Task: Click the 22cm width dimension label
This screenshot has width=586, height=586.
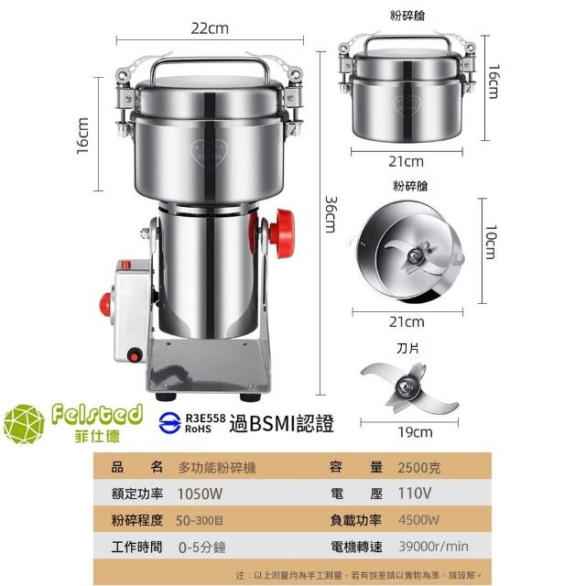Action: point(210,28)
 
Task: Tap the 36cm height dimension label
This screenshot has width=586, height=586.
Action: point(331,214)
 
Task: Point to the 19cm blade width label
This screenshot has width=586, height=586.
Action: point(415,432)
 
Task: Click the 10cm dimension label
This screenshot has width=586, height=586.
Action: point(491,242)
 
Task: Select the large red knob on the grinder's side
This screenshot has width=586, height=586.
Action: point(282,233)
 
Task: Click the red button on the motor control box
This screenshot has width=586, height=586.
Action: point(105,304)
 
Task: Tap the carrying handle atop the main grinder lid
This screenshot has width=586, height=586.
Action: point(210,66)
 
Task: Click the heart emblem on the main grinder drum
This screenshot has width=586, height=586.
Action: point(209,153)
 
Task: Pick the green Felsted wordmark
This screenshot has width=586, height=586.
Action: point(97,415)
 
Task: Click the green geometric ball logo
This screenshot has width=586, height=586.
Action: point(24,424)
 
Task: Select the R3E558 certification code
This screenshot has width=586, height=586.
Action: point(205,418)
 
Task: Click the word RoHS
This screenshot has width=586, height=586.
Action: point(198,429)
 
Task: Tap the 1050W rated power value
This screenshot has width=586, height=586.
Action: point(200,494)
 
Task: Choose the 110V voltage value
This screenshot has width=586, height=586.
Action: point(414,494)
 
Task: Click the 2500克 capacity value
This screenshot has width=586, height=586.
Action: point(419,468)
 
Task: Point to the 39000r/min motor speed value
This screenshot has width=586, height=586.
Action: point(433,547)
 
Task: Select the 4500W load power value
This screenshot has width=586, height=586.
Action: point(418,520)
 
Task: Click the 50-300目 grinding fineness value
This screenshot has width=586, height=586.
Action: point(200,520)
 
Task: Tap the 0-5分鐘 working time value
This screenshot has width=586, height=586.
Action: point(201,548)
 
